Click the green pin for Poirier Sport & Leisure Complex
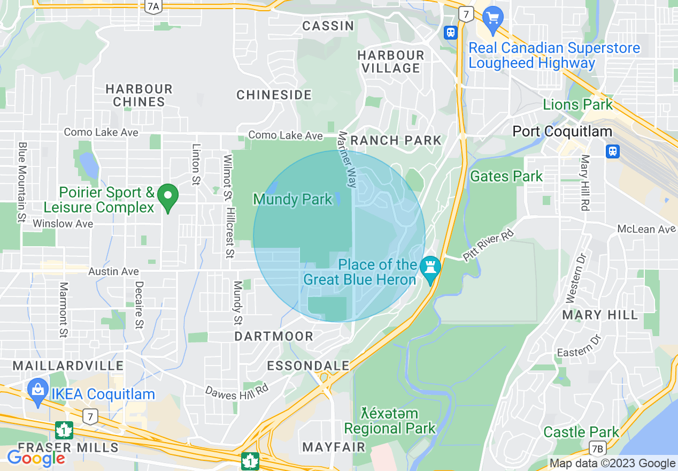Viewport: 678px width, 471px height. [x=169, y=197]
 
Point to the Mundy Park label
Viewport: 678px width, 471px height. [x=292, y=200]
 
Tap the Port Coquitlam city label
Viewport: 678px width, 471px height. [x=562, y=131]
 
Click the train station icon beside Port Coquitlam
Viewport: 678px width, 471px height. [x=613, y=151]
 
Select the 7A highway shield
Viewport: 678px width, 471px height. [x=153, y=6]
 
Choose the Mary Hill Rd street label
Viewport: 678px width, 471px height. [x=585, y=183]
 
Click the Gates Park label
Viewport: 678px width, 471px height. [x=506, y=176]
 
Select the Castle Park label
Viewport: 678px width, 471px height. [x=581, y=432]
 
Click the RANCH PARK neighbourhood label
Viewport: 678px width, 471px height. [x=396, y=141]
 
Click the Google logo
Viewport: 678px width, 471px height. [x=36, y=458]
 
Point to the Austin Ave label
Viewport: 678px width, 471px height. [x=113, y=272]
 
